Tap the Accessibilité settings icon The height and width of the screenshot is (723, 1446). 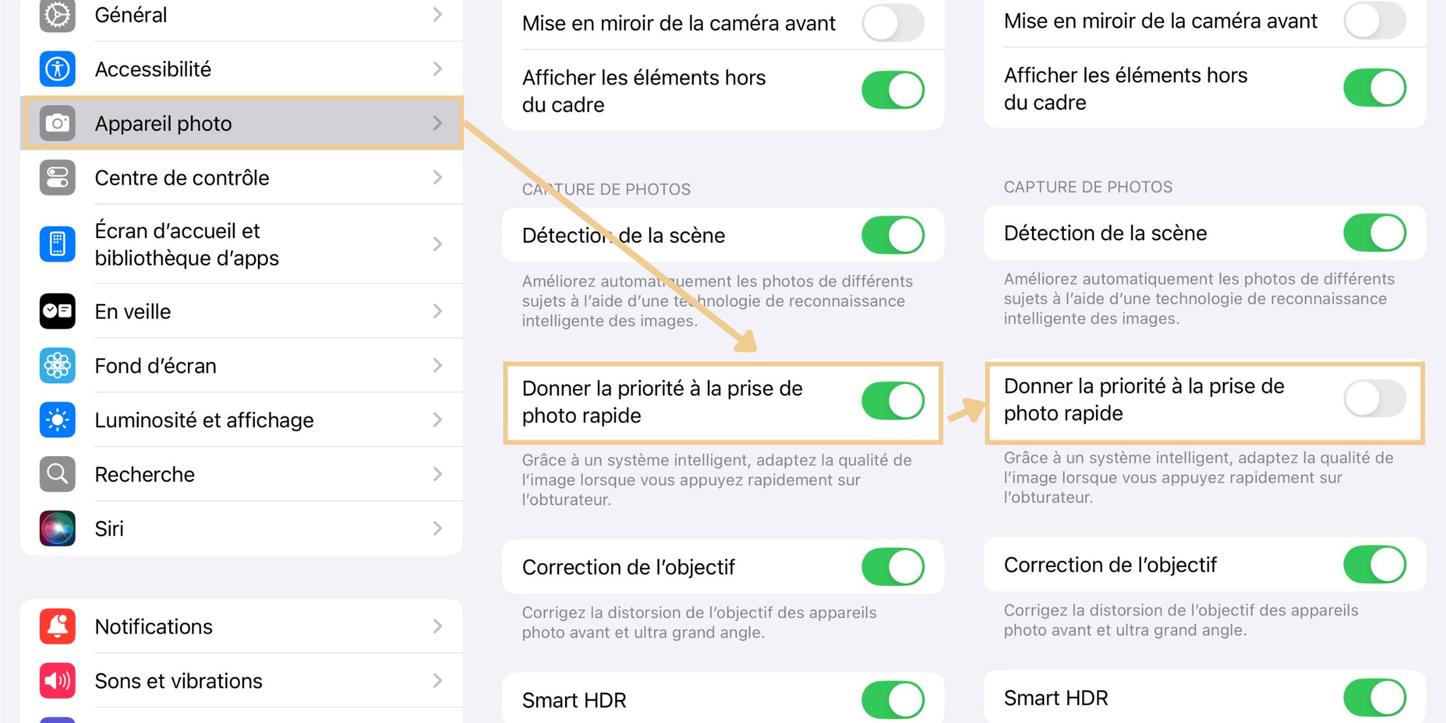point(57,69)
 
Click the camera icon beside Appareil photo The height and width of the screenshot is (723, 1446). point(57,123)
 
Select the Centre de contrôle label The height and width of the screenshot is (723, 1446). point(182,178)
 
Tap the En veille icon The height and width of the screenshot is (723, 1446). point(57,311)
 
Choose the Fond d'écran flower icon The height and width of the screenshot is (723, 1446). point(57,365)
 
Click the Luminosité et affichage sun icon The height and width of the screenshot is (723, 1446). point(57,419)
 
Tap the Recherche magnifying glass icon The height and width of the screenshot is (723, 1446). point(57,474)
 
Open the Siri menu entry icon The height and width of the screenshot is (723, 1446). point(57,528)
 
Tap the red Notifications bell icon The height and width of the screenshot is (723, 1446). point(57,626)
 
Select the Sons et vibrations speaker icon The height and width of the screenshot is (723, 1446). point(57,680)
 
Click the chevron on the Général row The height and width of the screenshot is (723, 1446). point(438,14)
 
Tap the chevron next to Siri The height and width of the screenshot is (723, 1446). point(438,528)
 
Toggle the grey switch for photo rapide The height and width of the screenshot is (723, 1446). point(1375,398)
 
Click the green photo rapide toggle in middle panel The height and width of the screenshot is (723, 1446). point(893,401)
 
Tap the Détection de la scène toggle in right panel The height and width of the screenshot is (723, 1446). point(1375,233)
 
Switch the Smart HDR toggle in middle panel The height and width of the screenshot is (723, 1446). point(893,700)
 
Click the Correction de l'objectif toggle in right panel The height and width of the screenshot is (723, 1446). point(1375,565)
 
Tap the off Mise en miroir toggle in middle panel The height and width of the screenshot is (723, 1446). point(893,23)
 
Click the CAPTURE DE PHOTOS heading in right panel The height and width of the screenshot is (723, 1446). point(1088,187)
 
